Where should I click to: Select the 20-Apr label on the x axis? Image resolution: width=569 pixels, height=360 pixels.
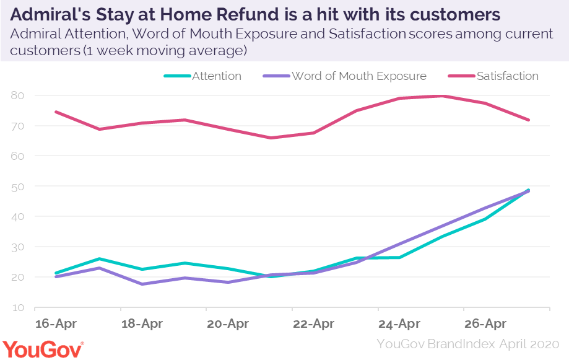pyautogui.click(x=227, y=323)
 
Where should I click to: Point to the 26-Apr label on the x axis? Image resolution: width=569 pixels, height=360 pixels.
pyautogui.click(x=485, y=323)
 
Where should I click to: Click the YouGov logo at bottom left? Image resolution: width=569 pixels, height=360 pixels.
pyautogui.click(x=43, y=349)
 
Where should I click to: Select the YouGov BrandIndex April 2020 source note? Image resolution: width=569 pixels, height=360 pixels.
pyautogui.click(x=468, y=344)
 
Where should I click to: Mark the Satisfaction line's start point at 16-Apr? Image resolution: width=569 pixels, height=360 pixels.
pyautogui.click(x=56, y=112)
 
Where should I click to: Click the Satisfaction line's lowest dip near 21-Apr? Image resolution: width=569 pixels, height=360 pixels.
pyautogui.click(x=271, y=138)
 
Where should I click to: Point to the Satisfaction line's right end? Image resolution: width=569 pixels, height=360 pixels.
pyautogui.click(x=528, y=120)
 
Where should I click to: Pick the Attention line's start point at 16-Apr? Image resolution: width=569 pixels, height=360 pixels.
pyautogui.click(x=56, y=273)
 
